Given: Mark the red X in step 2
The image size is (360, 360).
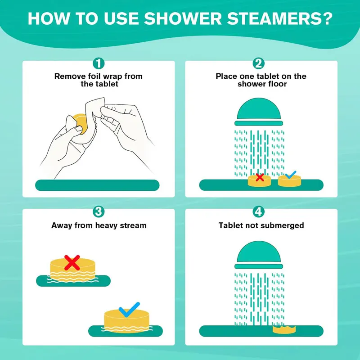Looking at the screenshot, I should coord(260,177).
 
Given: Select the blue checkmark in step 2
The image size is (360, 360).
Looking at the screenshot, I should coord(290,174).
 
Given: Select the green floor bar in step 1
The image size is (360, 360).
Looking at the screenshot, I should coord(97,184).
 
